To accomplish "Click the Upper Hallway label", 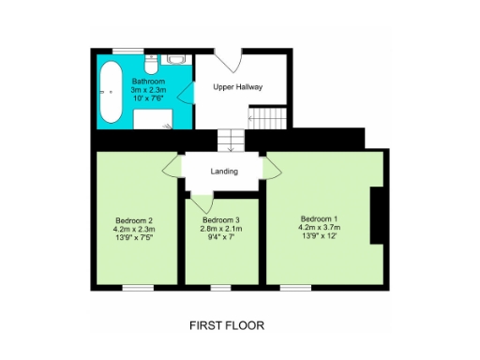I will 238,87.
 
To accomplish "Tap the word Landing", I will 224,172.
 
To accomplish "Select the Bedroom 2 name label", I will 134,220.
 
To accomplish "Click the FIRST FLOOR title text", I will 227,326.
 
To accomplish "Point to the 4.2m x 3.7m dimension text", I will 320,227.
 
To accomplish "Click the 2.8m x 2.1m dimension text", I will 222,229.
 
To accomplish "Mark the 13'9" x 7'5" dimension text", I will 134,239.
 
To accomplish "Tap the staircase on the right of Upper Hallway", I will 267,117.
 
